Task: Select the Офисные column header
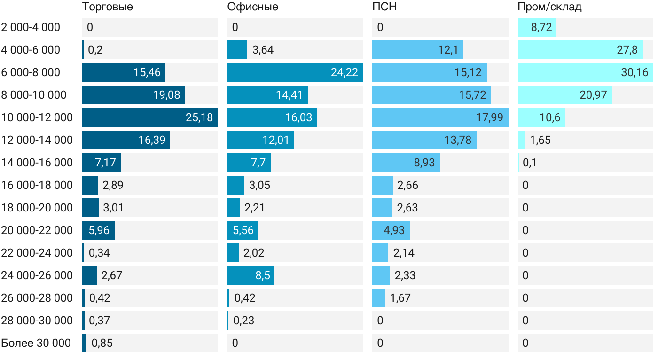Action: (252, 7)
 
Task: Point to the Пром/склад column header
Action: (549, 7)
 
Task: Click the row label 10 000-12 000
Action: (37, 117)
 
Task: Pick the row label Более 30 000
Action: (36, 343)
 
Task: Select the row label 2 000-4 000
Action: (31, 27)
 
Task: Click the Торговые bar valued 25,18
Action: (149, 117)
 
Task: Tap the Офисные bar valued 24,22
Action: (295, 72)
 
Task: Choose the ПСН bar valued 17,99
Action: (440, 117)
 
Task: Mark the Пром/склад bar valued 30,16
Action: (585, 72)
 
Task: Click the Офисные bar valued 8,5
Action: (251, 275)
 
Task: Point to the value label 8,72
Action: (541, 27)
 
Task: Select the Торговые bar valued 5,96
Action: (98, 230)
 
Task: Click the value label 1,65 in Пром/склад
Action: (540, 140)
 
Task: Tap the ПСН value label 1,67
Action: (400, 298)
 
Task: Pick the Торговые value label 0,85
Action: (102, 343)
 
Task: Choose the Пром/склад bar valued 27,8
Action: (580, 50)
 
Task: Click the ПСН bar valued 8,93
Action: (406, 163)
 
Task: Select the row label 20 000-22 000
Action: (37, 230)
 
